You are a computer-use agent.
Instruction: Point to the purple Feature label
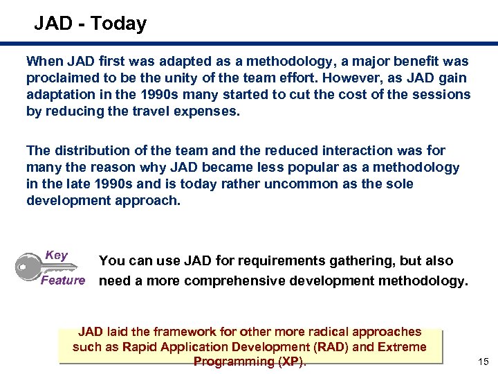point(63,280)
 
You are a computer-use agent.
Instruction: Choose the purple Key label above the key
point(56,255)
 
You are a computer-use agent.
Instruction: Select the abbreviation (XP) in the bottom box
point(290,362)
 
